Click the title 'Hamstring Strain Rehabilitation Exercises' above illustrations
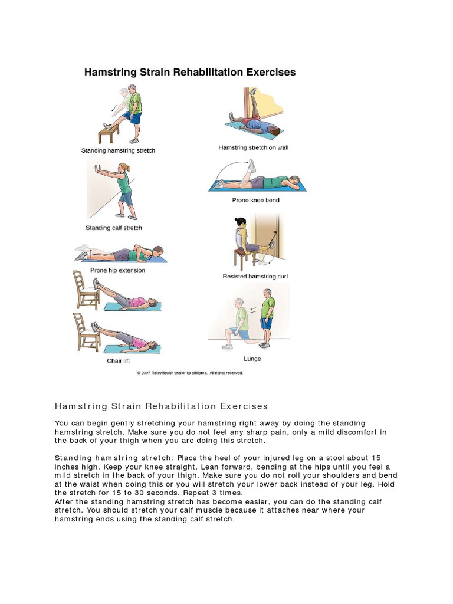190,73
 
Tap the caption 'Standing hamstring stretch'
118,151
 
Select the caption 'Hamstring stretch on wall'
253,148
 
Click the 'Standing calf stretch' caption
113,228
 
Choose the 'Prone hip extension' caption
117,270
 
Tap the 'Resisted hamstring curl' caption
255,276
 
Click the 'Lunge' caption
252,359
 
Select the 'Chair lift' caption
118,360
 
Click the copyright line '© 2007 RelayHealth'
189,373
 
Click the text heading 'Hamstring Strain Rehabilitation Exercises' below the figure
161,406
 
